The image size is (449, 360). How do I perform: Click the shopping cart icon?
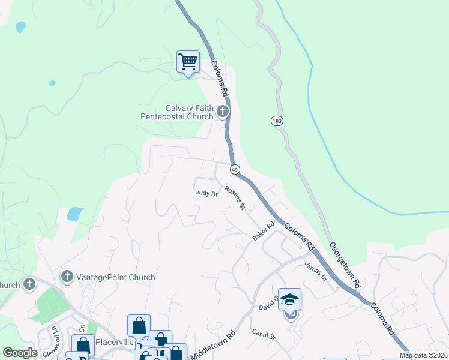pyautogui.click(x=188, y=61)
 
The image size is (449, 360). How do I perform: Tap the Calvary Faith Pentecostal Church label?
pyautogui.click(x=176, y=112)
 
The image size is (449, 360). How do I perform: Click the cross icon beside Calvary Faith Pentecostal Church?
pyautogui.click(x=223, y=111)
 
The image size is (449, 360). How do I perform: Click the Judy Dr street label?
pyautogui.click(x=206, y=193)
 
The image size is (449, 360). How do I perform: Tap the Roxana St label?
pyautogui.click(x=235, y=197)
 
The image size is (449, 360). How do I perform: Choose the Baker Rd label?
pyautogui.click(x=262, y=231)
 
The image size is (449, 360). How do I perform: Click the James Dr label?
pyautogui.click(x=315, y=271)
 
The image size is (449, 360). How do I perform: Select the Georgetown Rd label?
pyautogui.click(x=344, y=264)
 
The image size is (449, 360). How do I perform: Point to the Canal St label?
pyautogui.click(x=263, y=334)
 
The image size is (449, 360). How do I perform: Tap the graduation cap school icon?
pyautogui.click(x=289, y=299)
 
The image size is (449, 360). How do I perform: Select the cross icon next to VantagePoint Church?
pyautogui.click(x=67, y=277)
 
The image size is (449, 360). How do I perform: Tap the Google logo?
pyautogui.click(x=20, y=353)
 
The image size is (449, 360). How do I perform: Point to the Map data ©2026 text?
pyautogui.click(x=424, y=355)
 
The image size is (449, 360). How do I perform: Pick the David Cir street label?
pyautogui.click(x=268, y=304)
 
